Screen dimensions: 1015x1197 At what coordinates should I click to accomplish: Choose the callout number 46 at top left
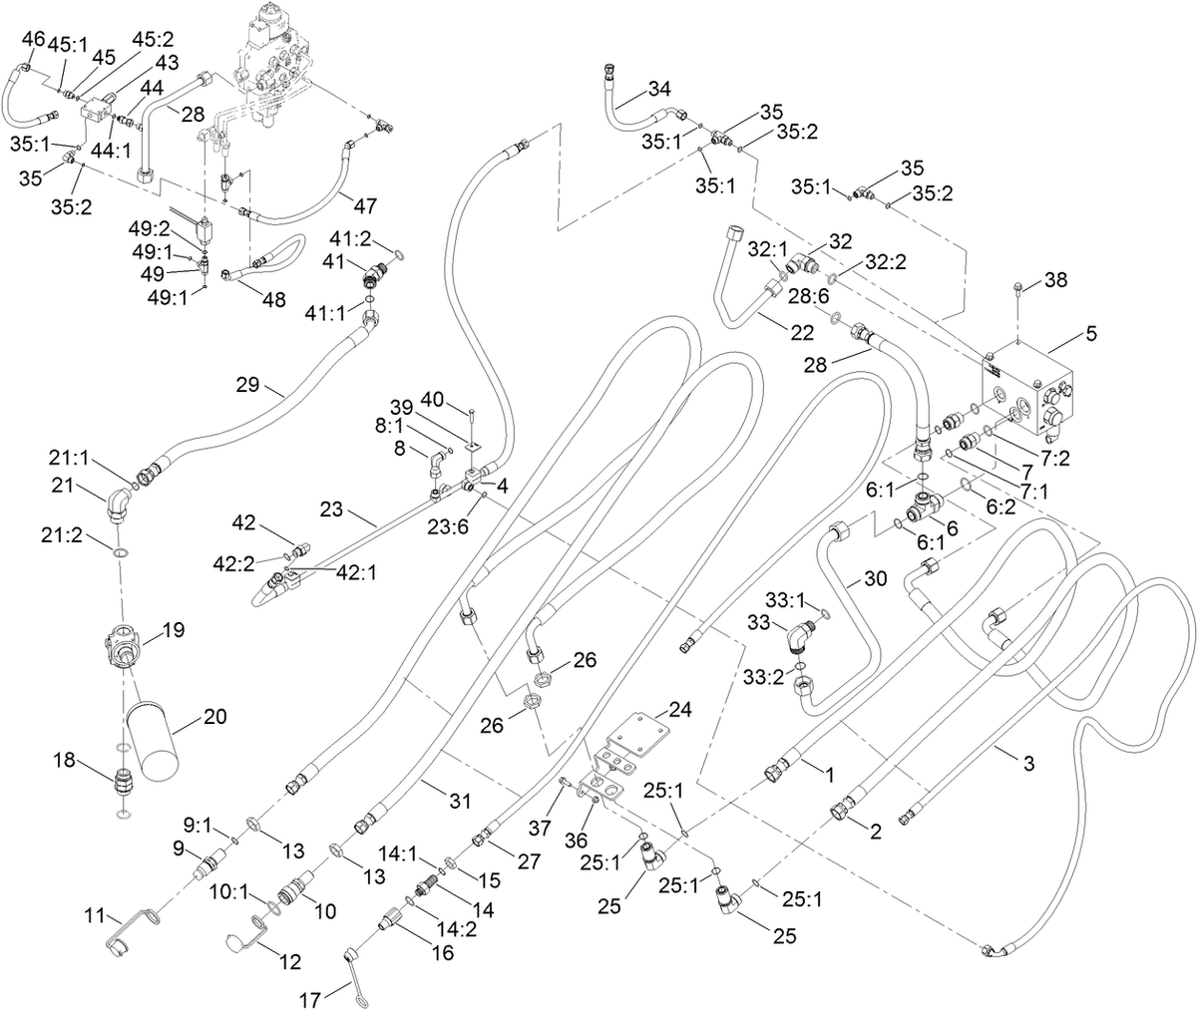pos(33,39)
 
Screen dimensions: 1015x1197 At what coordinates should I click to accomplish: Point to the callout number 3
pos(1029,765)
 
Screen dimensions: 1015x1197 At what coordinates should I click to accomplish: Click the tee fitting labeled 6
pos(926,504)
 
